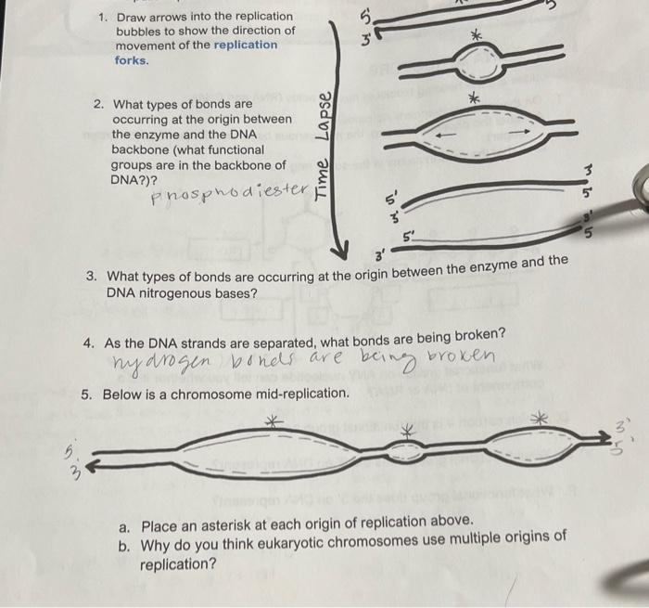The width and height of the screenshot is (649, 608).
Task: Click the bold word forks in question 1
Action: (x=130, y=60)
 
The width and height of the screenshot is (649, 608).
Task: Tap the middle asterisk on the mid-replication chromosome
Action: (x=405, y=430)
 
